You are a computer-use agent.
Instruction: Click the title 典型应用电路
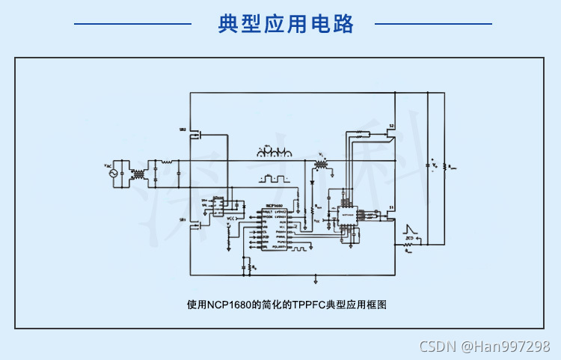(x=286, y=24)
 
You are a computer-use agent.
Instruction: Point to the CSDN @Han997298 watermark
(x=484, y=346)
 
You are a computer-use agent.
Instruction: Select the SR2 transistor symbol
(x=195, y=134)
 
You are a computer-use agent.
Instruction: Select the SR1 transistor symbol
(x=195, y=222)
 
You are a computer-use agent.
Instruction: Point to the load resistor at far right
(x=444, y=166)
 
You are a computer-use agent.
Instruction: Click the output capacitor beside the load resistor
(x=427, y=165)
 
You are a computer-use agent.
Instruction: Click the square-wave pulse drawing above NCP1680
(x=274, y=180)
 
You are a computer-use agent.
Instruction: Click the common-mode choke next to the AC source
(x=138, y=174)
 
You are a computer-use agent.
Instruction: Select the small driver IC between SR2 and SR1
(x=218, y=204)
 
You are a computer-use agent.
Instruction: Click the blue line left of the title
(x=132, y=24)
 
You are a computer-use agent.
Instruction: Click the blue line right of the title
(x=433, y=24)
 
